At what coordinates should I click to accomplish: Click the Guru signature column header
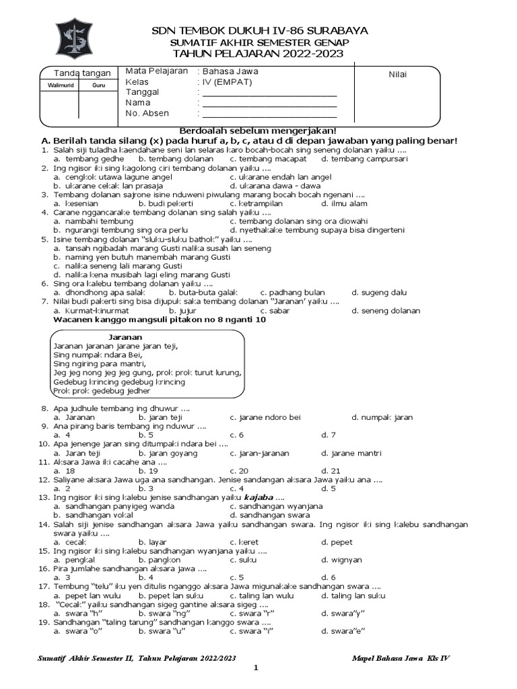90,85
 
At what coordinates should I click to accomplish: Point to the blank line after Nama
269,103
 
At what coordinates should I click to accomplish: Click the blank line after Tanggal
269,92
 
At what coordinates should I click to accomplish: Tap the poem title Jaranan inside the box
125,336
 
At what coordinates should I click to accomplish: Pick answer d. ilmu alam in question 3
343,203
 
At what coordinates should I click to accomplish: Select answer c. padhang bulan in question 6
292,293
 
